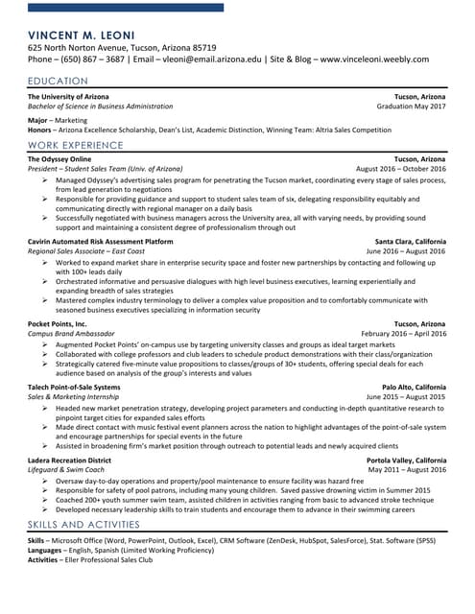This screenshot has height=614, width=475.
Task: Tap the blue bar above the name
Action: pyautogui.click(x=125, y=8)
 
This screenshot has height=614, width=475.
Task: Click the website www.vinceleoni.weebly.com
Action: pyautogui.click(x=374, y=59)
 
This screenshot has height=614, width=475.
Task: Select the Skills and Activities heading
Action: pyautogui.click(x=84, y=526)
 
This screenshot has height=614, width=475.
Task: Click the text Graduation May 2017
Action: pyautogui.click(x=412, y=106)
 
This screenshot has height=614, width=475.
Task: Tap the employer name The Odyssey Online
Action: pyautogui.click(x=59, y=158)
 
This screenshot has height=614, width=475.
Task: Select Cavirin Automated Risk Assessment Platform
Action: pyautogui.click(x=101, y=241)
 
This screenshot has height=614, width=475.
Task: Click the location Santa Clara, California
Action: pyautogui.click(x=410, y=241)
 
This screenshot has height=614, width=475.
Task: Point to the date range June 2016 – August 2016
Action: pyautogui.click(x=406, y=250)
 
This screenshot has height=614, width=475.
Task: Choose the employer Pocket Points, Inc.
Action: pyautogui.click(x=58, y=324)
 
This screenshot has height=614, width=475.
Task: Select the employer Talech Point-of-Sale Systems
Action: pyautogui.click(x=74, y=387)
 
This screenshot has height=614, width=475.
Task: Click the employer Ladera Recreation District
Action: pyautogui.click(x=69, y=460)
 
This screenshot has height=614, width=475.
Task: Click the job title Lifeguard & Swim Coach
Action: pyautogui.click(x=66, y=470)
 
